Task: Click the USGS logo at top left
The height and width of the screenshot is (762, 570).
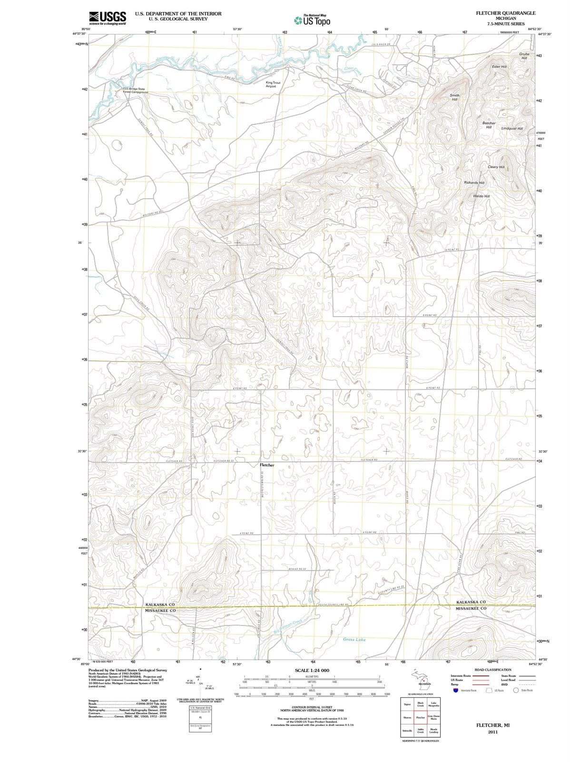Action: pos(108,18)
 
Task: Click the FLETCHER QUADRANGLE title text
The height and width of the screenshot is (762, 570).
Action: pos(505,13)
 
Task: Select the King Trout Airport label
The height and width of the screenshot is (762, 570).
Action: pos(273,84)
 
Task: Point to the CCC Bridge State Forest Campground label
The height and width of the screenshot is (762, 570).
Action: pos(136,90)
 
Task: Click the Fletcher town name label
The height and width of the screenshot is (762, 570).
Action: pos(267,464)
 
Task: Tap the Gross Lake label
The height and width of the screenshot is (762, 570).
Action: pos(354,639)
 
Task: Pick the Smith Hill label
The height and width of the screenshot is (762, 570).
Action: pos(454,97)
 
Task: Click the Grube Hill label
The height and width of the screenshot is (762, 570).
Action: pos(524,56)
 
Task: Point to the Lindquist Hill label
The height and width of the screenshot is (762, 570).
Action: pos(512,129)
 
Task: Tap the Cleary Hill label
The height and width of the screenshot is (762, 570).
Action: pos(496,167)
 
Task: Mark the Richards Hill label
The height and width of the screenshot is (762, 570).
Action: pos(474,182)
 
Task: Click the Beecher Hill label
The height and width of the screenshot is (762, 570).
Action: pos(489,125)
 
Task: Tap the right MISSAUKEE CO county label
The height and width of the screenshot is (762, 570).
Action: pos(471,608)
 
